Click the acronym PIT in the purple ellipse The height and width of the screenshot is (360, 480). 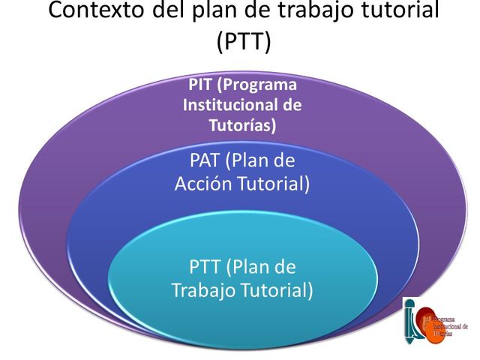click(x=201, y=84)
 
